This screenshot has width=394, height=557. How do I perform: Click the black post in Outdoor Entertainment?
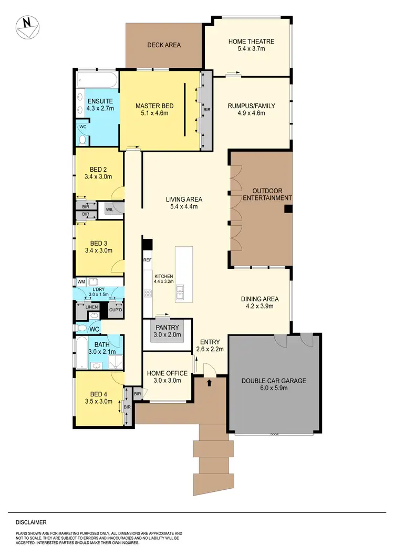coord(287,209)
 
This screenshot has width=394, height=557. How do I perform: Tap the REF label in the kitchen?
coord(148,260)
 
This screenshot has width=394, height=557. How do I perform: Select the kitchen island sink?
coord(180,291)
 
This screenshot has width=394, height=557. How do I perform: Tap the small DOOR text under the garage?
coord(274,434)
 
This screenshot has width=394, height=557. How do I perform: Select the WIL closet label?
coord(109,209)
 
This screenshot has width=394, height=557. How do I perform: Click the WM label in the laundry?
coord(81,282)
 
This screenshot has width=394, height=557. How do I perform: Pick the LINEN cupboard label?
coord(92,307)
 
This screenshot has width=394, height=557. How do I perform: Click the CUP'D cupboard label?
coord(116,310)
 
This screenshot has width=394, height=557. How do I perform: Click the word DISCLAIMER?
coord(31,522)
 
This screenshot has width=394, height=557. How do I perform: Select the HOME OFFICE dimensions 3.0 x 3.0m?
coord(164,381)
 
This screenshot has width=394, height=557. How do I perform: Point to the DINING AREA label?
coord(260,299)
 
